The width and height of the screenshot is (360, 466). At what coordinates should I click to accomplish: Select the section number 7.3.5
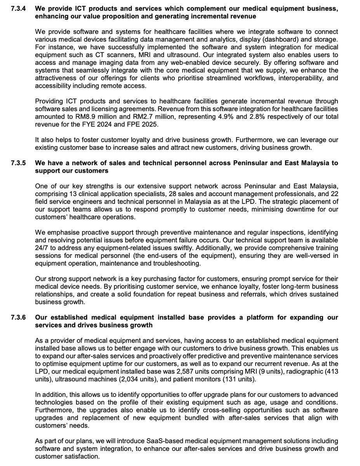click(19, 163)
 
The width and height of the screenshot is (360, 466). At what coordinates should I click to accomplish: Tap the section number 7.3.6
click(19, 317)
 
